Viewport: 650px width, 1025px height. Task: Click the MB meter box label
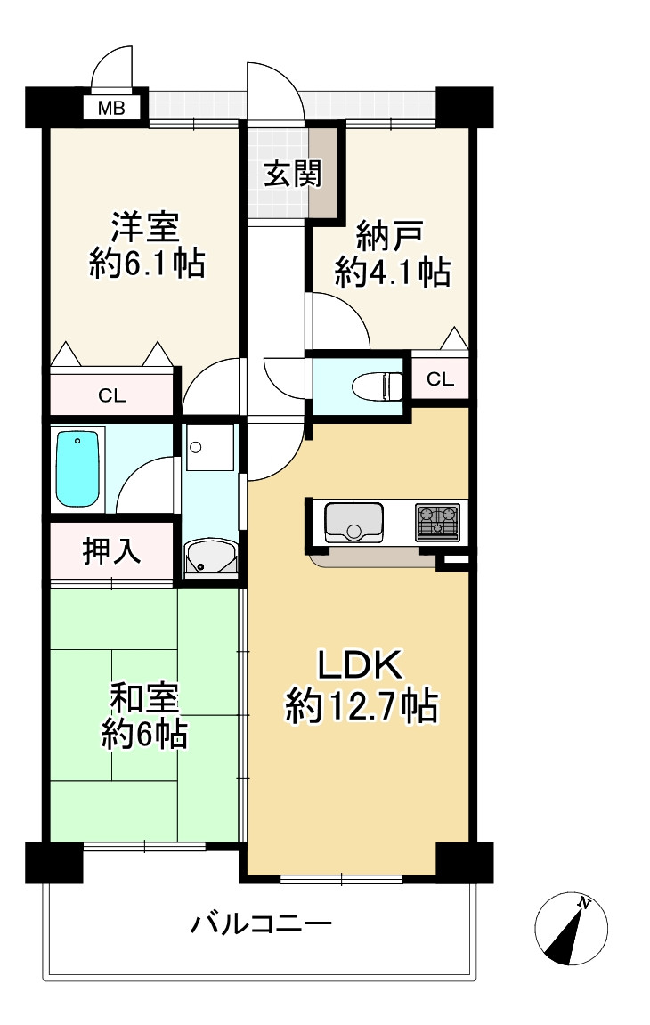pyautogui.click(x=111, y=110)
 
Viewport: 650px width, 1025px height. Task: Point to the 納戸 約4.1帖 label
pyautogui.click(x=391, y=256)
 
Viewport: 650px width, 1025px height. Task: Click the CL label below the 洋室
pyautogui.click(x=111, y=396)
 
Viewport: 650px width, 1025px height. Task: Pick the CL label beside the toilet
pyautogui.click(x=440, y=379)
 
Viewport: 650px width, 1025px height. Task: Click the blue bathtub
pyautogui.click(x=77, y=468)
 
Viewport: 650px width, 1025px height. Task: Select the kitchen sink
pyautogui.click(x=353, y=522)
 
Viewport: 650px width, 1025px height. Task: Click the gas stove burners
pyautogui.click(x=437, y=521)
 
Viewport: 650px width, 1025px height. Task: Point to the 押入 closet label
pyautogui.click(x=111, y=552)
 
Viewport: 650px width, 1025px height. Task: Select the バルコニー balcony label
pyautogui.click(x=261, y=924)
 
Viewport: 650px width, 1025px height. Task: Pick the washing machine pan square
pyautogui.click(x=210, y=450)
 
